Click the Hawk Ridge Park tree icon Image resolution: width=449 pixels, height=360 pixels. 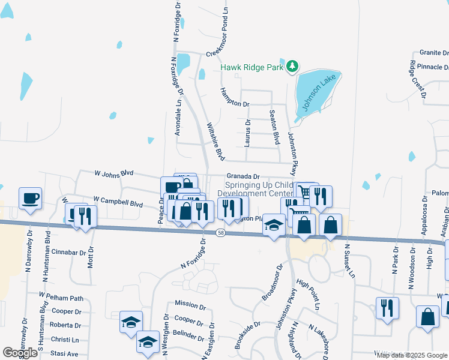click(x=292, y=67)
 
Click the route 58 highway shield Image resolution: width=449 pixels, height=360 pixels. click(x=221, y=232)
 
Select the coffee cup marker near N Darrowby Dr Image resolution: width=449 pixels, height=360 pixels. click(x=30, y=199)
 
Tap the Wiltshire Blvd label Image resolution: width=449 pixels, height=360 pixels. click(x=215, y=142)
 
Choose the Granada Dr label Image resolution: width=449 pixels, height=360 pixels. click(x=243, y=176)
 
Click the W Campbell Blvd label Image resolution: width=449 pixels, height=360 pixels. click(x=118, y=201)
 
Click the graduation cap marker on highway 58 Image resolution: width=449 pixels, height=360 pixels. click(x=274, y=226)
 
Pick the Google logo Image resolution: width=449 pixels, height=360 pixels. click(x=20, y=352)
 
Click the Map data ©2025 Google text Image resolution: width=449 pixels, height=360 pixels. click(x=411, y=355)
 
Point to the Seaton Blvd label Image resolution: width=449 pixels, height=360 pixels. click(x=276, y=127)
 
